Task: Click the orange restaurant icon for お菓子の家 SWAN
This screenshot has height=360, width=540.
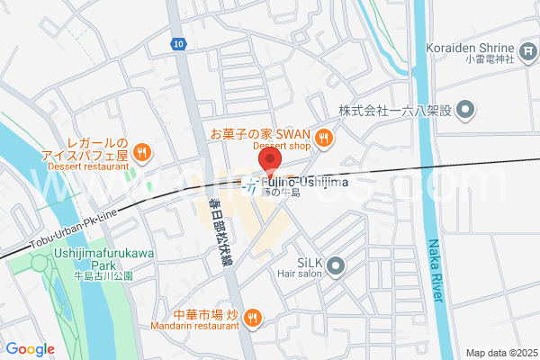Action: tap(324, 138)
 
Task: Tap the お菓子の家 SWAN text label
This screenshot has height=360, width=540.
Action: tap(260, 133)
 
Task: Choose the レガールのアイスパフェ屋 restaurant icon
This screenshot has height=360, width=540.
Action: tap(141, 152)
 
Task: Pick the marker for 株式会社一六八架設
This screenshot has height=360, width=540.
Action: tap(464, 112)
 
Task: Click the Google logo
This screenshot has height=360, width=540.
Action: tap(30, 349)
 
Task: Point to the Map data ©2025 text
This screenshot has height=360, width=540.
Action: tap(500, 352)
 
